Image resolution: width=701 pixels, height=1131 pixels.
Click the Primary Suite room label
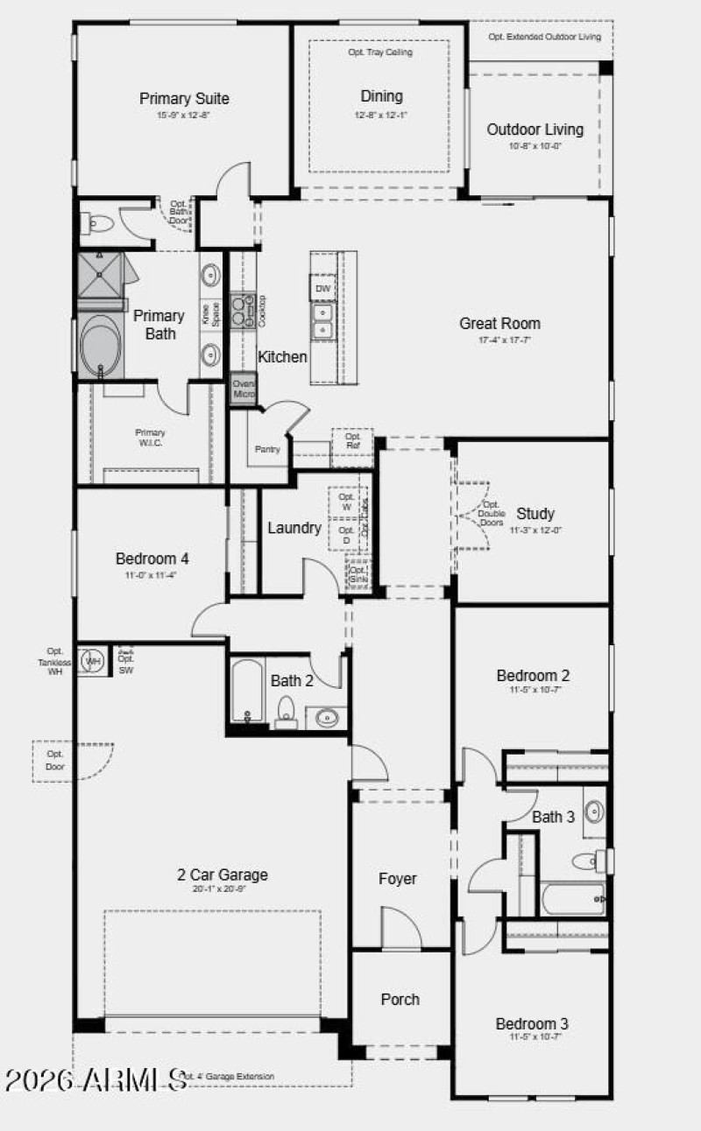184,99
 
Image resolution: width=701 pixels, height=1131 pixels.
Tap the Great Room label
499,323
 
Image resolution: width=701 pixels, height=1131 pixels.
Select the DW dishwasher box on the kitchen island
322,288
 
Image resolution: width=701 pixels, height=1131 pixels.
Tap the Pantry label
267,449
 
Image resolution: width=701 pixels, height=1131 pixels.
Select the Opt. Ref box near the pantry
352,441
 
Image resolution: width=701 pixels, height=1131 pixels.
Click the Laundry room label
294,528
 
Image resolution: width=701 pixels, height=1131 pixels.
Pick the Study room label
535,514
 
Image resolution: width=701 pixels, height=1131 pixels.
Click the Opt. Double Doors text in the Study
491,514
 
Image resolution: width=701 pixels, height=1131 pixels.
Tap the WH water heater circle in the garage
92,661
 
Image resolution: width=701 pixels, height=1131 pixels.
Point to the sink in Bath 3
593,809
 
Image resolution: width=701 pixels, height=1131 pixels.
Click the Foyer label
397,879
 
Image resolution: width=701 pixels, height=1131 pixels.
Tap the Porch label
400,999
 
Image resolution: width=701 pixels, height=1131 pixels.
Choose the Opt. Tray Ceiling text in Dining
380,53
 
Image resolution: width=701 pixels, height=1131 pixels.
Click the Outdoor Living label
535,130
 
